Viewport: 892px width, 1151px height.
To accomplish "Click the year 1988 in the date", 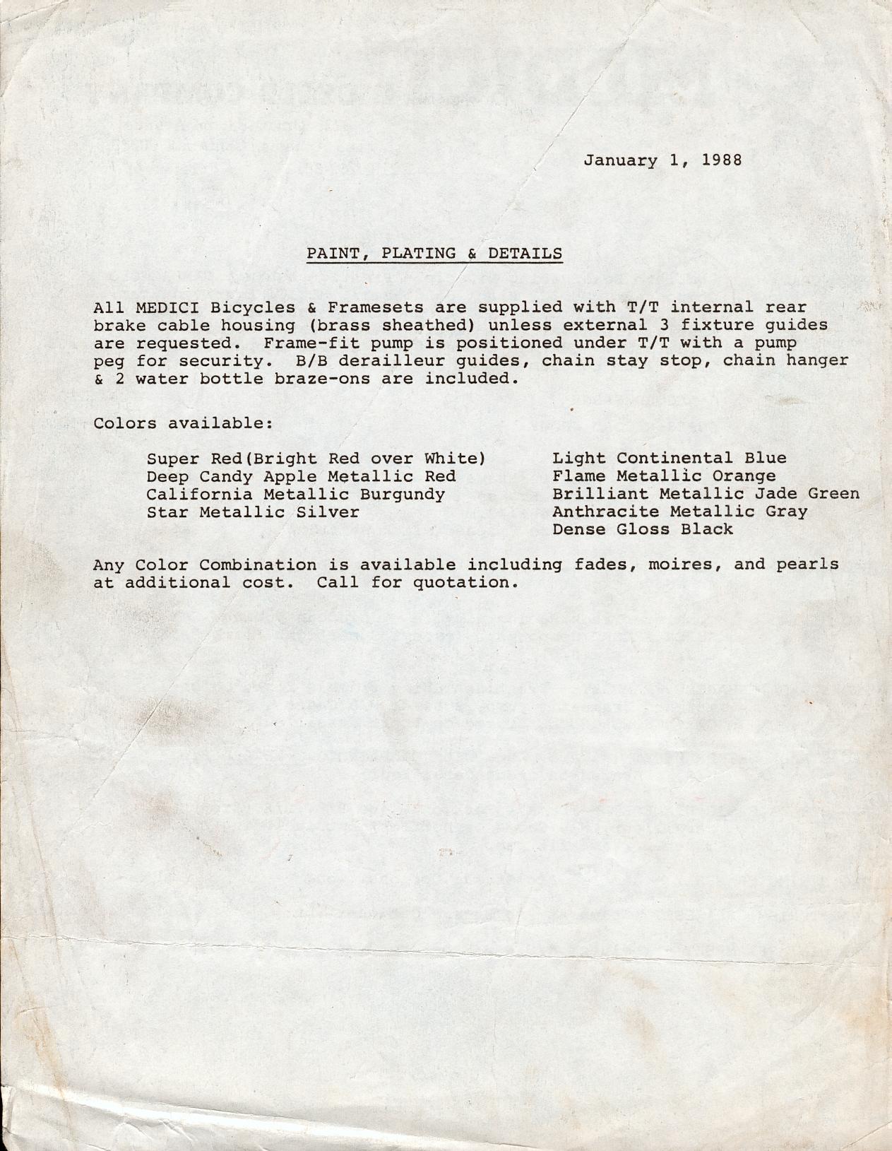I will [722, 160].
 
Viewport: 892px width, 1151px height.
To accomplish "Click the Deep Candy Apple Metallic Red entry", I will [301, 476].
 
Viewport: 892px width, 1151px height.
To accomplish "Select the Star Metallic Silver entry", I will [253, 512].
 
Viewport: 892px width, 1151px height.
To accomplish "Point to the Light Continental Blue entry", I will [670, 459].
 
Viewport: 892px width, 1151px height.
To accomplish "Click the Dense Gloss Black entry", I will [643, 529].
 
